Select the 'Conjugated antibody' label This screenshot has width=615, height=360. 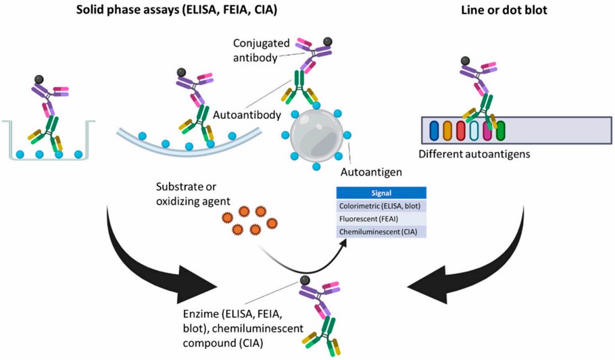tap(256, 50)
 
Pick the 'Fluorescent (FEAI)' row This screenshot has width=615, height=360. tap(383, 219)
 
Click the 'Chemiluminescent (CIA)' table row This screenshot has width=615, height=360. tap(383, 231)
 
